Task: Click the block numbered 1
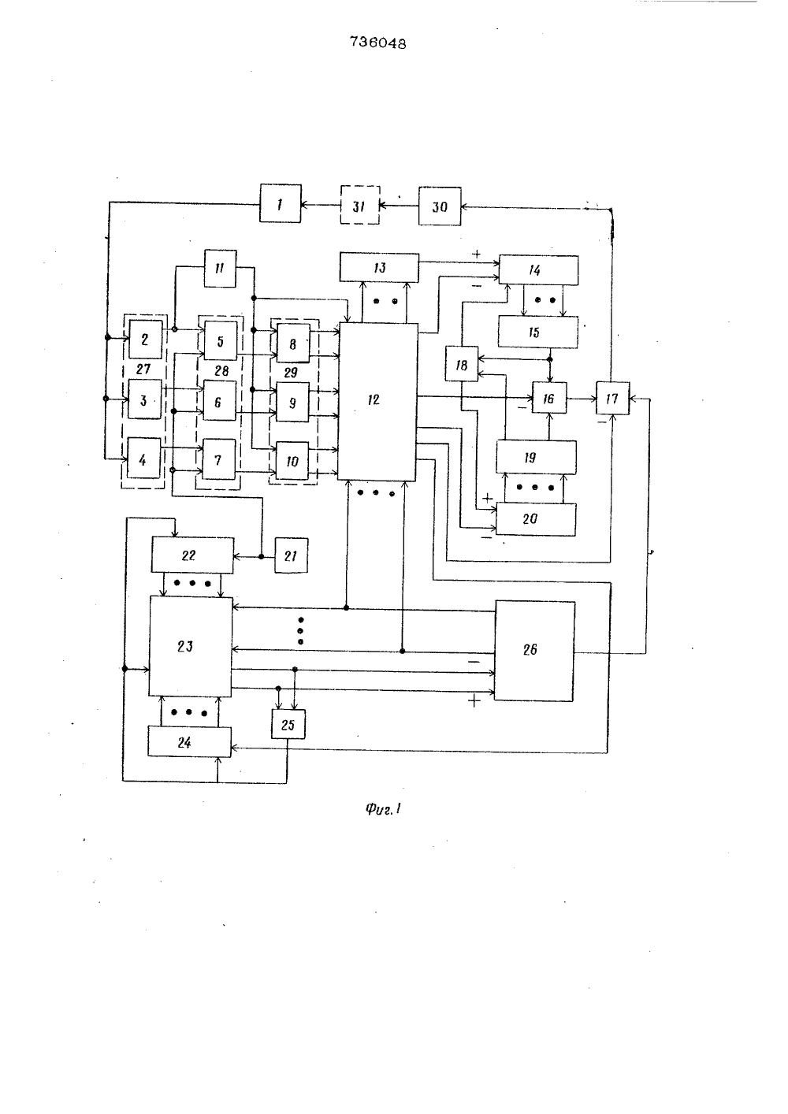(x=280, y=203)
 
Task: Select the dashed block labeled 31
(x=360, y=205)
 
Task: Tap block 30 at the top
(x=440, y=206)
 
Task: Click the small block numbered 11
(x=220, y=269)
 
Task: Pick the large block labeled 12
(x=377, y=401)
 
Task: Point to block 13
(x=379, y=268)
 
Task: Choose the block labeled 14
(x=539, y=270)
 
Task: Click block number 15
(x=538, y=332)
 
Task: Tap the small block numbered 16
(x=549, y=398)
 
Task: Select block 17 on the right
(x=612, y=398)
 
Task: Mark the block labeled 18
(x=462, y=364)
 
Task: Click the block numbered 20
(x=536, y=519)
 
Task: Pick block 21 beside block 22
(x=291, y=555)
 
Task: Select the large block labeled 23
(x=191, y=647)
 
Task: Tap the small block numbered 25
(x=288, y=724)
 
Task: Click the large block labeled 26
(x=534, y=651)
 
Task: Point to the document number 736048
(x=378, y=43)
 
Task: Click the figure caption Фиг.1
(x=383, y=810)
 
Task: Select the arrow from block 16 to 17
(x=582, y=399)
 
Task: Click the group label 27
(x=143, y=369)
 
